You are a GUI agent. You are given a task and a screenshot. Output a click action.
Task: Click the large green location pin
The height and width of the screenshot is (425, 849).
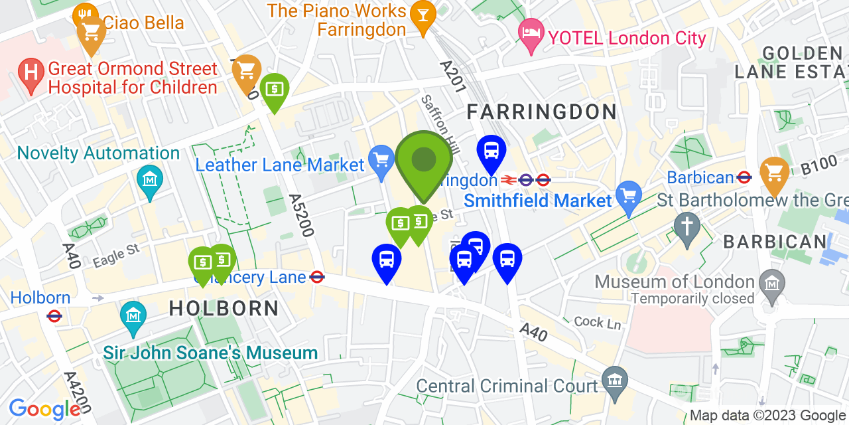pyautogui.click(x=424, y=160)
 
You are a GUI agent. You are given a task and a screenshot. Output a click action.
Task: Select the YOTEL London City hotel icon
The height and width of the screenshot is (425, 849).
pyautogui.click(x=531, y=31)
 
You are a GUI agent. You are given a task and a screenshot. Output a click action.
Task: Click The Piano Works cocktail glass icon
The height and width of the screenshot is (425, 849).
pyautogui.click(x=422, y=13)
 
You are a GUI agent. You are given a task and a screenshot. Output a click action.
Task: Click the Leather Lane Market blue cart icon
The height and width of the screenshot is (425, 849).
pyautogui.click(x=381, y=160)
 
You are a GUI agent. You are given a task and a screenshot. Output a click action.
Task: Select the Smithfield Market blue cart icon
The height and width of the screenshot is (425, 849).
pyautogui.click(x=627, y=195)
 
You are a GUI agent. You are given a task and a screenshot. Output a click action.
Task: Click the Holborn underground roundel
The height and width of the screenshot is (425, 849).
pyautogui.click(x=54, y=316)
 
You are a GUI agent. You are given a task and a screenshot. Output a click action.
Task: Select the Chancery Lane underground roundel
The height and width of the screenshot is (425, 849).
pyautogui.click(x=317, y=278)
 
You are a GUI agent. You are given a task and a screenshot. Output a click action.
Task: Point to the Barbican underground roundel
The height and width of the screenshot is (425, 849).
pyautogui.click(x=744, y=177)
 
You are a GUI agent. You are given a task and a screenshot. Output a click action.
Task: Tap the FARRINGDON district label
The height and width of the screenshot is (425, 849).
pyautogui.click(x=542, y=112)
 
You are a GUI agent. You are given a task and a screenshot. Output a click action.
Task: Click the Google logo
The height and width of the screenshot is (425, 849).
pyautogui.click(x=44, y=409)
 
